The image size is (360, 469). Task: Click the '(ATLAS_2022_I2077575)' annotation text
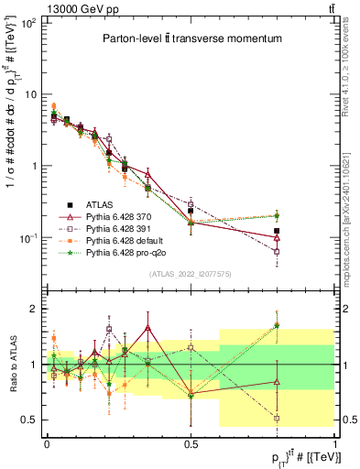[190, 273]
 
